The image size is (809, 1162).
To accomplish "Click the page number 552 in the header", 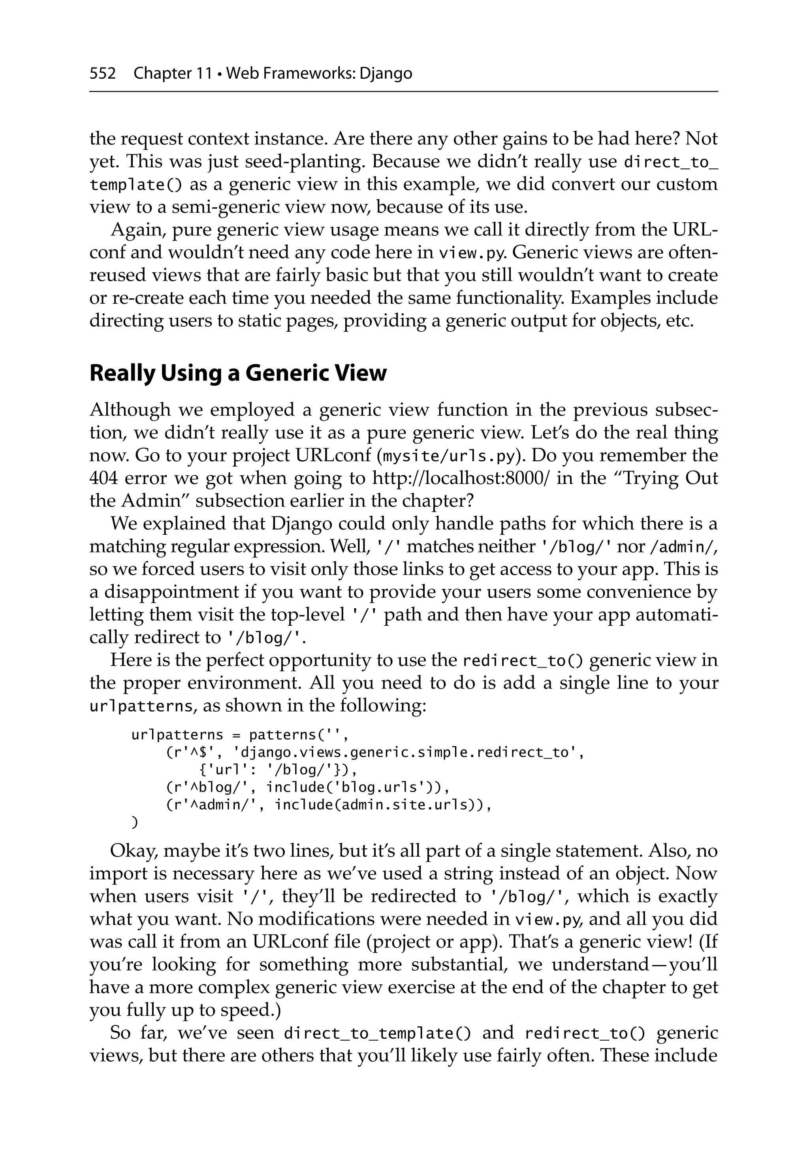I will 102,74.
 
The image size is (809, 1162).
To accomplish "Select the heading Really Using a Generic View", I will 238,373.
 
